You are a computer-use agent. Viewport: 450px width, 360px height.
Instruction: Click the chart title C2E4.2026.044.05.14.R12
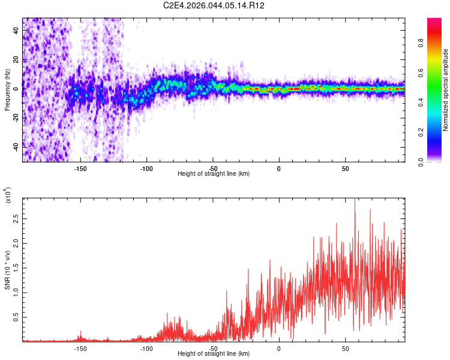214,5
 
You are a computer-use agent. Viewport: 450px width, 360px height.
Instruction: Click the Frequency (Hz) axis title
7,90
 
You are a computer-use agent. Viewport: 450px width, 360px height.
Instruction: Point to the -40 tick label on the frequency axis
15,146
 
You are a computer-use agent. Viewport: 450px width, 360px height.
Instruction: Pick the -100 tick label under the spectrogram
147,168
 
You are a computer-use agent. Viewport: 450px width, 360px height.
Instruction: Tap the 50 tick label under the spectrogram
346,168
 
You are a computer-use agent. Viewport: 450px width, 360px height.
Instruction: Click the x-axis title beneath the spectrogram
214,174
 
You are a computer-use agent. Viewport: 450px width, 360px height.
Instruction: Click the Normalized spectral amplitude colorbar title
446,90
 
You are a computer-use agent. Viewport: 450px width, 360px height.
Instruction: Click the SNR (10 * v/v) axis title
7,270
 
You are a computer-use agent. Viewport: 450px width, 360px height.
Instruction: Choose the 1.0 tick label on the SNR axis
15,293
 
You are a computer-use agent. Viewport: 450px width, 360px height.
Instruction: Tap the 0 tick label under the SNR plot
279,348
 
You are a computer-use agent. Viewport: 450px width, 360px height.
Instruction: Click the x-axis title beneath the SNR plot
214,354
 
